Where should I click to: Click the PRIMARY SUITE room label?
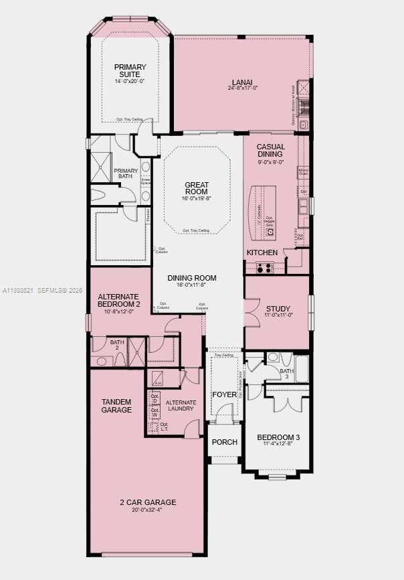[x=130, y=71]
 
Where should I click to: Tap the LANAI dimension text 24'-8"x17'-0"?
[x=242, y=88]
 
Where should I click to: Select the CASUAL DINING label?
[x=271, y=150]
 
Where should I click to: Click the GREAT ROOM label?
[x=197, y=189]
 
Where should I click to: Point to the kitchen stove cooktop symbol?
[x=265, y=268]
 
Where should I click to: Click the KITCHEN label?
[x=262, y=252]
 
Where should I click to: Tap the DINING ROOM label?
[x=191, y=278]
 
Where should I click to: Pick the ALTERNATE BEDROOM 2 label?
[x=118, y=300]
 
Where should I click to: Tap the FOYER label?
[x=224, y=394]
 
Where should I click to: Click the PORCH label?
[x=224, y=442]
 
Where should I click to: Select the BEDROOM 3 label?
[x=278, y=438]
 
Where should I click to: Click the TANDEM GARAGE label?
[x=116, y=406]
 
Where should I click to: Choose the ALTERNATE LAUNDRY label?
[x=180, y=405]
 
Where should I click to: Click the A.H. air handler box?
[x=158, y=378]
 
